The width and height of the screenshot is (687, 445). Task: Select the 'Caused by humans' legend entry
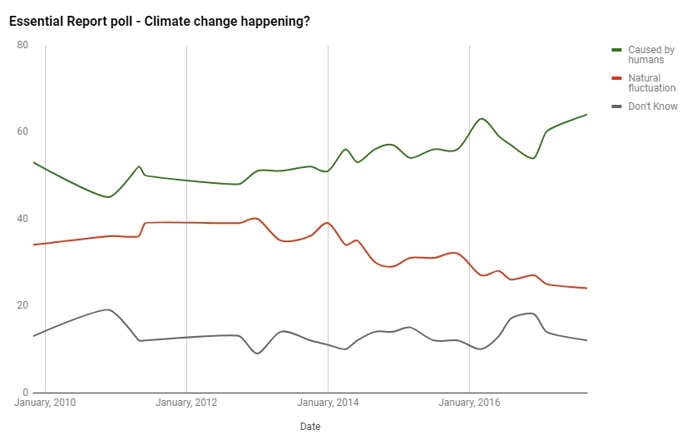650,55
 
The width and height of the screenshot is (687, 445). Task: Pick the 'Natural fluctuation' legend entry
651,83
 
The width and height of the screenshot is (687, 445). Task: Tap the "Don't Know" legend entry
652,106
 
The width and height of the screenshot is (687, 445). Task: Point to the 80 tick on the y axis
22,45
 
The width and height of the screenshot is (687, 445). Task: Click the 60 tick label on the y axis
22,131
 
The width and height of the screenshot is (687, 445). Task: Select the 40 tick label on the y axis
22,219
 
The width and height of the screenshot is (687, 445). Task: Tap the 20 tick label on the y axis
22,305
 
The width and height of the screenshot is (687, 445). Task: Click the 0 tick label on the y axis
25,392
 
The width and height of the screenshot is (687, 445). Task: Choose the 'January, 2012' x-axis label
186,404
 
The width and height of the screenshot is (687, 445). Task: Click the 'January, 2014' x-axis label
329,404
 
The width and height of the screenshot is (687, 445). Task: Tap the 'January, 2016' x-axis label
470,404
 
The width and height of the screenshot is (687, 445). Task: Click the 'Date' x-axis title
310,427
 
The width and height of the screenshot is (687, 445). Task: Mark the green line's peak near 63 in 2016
482,118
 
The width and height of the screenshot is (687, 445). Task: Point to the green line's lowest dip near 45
108,197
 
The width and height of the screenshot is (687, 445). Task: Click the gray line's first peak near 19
108,309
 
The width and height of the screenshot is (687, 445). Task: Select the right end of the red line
587,288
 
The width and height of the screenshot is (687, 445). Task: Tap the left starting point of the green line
33,162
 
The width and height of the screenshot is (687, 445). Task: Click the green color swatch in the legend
617,51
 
